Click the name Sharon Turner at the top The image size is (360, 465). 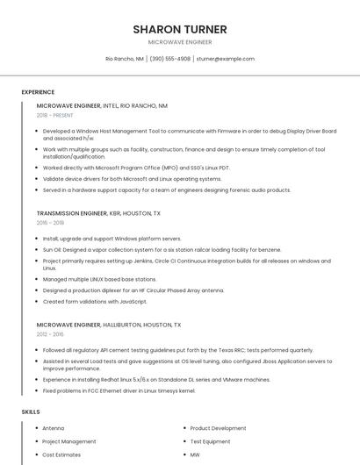pyautogui.click(x=179, y=29)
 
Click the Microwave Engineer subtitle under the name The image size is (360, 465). pyautogui.click(x=179, y=42)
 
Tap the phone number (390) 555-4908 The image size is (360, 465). pyautogui.click(x=169, y=59)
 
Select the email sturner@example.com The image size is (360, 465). pyautogui.click(x=225, y=59)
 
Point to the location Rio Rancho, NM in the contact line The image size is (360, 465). pyautogui.click(x=125, y=59)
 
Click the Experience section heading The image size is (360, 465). pyautogui.click(x=38, y=92)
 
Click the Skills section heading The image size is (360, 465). pyautogui.click(x=31, y=411)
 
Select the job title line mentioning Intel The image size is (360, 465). pyautogui.click(x=102, y=105)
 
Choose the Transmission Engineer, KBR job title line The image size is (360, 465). pyautogui.click(x=98, y=213)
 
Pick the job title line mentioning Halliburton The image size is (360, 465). pyautogui.click(x=109, y=325)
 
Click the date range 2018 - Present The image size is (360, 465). pyautogui.click(x=55, y=115)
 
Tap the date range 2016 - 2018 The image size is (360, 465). pyautogui.click(x=51, y=223)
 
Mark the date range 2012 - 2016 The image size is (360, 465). pyautogui.click(x=51, y=334)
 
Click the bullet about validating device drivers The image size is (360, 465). pyautogui.click(x=132, y=178)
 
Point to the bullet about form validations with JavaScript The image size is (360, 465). pyautogui.click(x=95, y=302)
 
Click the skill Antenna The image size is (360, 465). pyautogui.click(x=53, y=428)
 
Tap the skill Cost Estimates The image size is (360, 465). pyautogui.click(x=61, y=455)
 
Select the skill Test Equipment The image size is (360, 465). pyautogui.click(x=210, y=441)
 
